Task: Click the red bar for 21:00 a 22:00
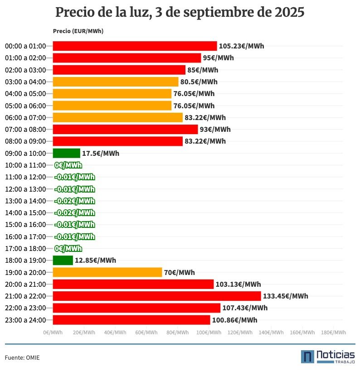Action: click(x=157, y=296)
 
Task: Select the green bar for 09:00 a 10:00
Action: click(x=67, y=153)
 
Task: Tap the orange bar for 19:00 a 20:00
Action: click(x=107, y=272)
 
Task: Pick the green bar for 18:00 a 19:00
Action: click(x=63, y=260)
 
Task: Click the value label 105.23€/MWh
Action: click(x=241, y=46)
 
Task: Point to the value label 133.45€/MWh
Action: click(x=285, y=296)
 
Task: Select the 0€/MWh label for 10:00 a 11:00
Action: click(x=68, y=165)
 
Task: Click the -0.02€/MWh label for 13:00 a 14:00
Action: click(x=74, y=201)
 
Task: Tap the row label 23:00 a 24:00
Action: click(x=25, y=320)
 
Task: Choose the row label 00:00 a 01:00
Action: click(x=25, y=46)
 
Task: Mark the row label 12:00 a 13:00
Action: click(x=25, y=189)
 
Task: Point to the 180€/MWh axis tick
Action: click(x=333, y=332)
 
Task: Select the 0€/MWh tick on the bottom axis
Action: click(x=53, y=332)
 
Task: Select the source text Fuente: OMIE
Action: click(x=22, y=358)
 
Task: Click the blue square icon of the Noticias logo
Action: click(x=307, y=357)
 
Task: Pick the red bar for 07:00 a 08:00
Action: click(x=126, y=130)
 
